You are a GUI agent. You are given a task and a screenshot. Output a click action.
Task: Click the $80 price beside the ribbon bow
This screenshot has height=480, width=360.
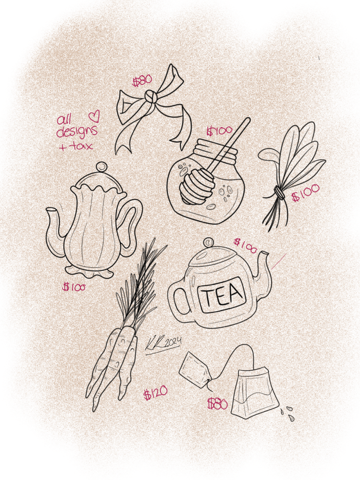[x=142, y=80]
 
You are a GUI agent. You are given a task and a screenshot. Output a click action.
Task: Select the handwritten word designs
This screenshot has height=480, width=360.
[x=77, y=131]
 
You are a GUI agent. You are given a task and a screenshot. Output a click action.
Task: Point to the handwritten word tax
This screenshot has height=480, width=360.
[x=81, y=146]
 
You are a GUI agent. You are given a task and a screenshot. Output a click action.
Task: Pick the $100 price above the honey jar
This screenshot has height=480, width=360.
[x=219, y=131]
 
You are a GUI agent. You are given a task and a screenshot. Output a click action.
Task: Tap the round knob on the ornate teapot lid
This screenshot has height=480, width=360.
[x=101, y=167]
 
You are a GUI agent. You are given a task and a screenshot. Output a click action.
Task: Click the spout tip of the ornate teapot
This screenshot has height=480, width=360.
[x=51, y=210]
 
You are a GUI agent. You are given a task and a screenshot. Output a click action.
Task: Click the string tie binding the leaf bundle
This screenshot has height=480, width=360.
[x=278, y=193]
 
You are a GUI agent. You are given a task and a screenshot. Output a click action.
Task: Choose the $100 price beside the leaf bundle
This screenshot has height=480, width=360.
[x=306, y=193]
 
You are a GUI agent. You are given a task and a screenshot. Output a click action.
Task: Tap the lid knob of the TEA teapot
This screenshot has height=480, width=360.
[x=209, y=242]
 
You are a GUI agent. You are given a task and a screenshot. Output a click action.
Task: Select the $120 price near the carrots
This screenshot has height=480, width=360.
[x=156, y=393]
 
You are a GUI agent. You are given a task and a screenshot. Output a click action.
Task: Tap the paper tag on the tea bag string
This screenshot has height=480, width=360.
[x=195, y=370]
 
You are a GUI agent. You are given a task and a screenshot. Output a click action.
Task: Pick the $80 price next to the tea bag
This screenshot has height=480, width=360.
[x=217, y=404]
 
